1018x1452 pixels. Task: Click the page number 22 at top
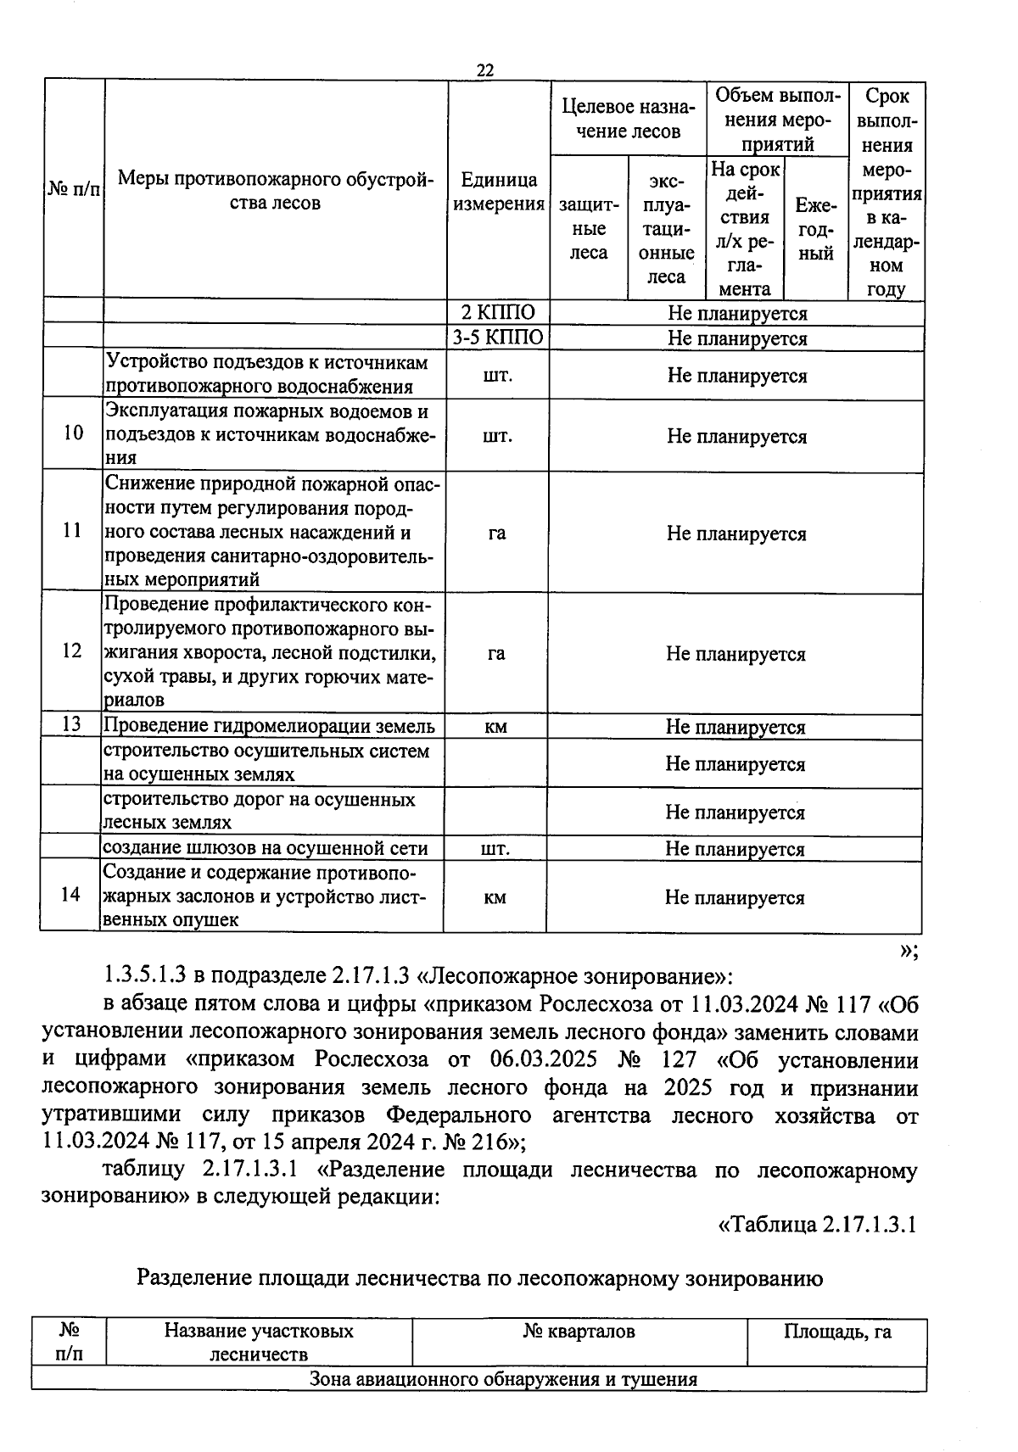coord(485,70)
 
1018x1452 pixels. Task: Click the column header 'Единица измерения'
coord(499,192)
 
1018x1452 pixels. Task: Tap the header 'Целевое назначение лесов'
coord(628,120)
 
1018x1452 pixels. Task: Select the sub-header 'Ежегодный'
coord(816,229)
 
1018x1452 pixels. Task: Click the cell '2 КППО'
coord(498,313)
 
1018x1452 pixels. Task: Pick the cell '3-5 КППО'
coord(498,338)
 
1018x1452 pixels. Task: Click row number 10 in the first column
coord(74,433)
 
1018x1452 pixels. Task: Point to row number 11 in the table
coord(73,531)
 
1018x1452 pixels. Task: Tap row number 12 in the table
coord(73,651)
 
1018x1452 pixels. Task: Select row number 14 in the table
coord(71,895)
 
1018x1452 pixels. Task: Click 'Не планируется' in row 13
coord(736,727)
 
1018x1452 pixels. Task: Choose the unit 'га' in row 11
coord(497,533)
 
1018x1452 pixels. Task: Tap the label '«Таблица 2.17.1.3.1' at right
coord(816,1225)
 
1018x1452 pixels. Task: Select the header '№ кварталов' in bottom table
coord(579,1332)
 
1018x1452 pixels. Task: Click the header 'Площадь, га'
coord(836,1332)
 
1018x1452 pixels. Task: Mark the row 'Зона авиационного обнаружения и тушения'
coord(503,1379)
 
